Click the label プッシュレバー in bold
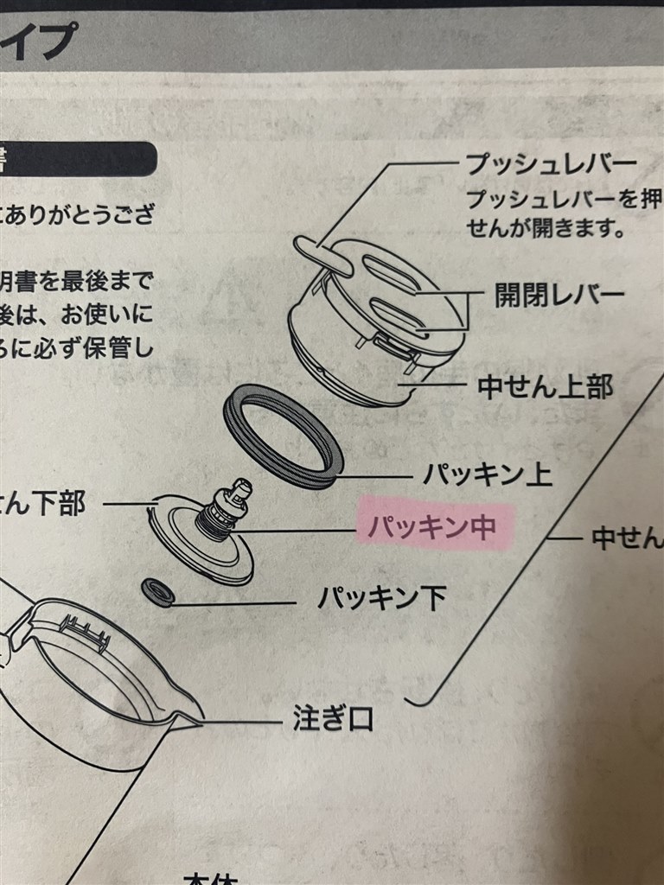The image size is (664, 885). click(x=552, y=164)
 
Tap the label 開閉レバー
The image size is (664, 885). click(x=559, y=296)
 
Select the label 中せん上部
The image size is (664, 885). click(x=545, y=386)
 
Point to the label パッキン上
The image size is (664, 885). click(x=489, y=474)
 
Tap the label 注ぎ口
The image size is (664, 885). click(x=332, y=720)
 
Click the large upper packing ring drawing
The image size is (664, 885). click(x=284, y=436)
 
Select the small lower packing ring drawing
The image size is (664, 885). click(x=157, y=592)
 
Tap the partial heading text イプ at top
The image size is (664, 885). click(x=39, y=39)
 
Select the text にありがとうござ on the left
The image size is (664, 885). click(x=78, y=214)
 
